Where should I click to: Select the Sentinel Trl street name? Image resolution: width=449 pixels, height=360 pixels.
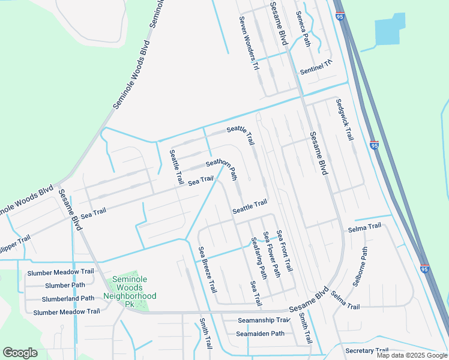click(x=316, y=67)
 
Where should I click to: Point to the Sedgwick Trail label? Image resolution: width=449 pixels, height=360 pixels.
click(x=344, y=119)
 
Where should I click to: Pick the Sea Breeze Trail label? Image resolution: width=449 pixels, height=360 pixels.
click(x=208, y=270)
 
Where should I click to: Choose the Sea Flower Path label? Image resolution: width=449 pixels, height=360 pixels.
click(x=271, y=254)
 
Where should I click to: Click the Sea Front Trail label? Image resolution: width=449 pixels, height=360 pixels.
click(x=284, y=250)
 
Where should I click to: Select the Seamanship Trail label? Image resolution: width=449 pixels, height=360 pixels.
click(x=264, y=320)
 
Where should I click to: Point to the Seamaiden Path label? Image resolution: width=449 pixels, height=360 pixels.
click(x=260, y=334)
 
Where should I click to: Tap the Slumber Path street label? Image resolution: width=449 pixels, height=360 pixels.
click(x=65, y=285)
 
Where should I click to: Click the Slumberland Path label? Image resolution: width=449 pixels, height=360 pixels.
click(x=68, y=298)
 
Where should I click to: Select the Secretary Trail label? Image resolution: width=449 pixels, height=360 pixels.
click(x=367, y=350)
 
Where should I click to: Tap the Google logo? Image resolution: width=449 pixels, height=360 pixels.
click(x=20, y=353)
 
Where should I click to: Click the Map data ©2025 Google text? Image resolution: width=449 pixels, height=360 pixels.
click(x=412, y=355)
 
